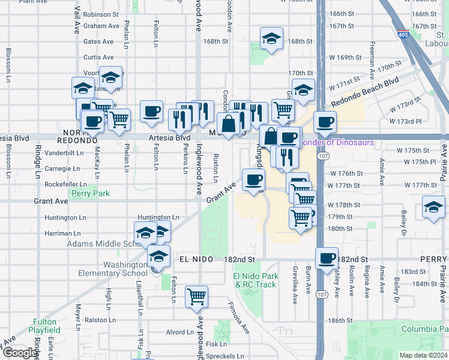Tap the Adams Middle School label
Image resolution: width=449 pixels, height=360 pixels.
(103, 244)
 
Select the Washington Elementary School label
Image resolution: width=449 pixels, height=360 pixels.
(112, 268)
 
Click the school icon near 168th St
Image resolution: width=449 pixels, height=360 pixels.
(271, 40)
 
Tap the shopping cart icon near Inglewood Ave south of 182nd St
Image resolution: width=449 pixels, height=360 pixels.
(197, 295)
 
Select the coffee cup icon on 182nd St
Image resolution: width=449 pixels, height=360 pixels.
(327, 258)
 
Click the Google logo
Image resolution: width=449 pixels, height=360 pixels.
(20, 353)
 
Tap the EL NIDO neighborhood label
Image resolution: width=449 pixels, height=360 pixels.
(195, 259)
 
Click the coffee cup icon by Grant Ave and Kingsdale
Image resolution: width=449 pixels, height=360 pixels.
(253, 179)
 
